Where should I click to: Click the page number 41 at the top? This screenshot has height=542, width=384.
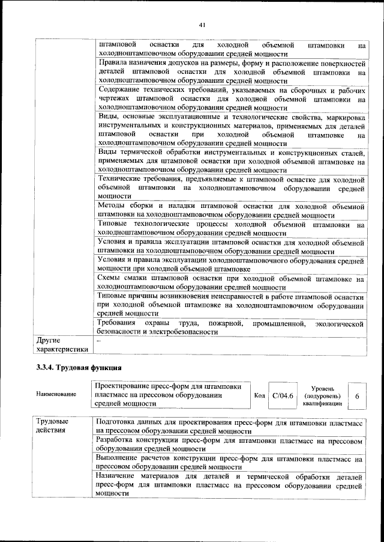(201, 25)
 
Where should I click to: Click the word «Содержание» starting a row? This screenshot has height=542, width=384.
(121, 90)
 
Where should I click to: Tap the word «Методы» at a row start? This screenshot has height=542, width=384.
(113, 206)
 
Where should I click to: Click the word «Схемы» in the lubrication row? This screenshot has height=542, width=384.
(110, 279)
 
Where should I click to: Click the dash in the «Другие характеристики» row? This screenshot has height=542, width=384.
(99, 340)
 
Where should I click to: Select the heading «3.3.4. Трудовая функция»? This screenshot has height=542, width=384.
(79, 368)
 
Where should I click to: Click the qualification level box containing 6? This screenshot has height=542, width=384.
(357, 397)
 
